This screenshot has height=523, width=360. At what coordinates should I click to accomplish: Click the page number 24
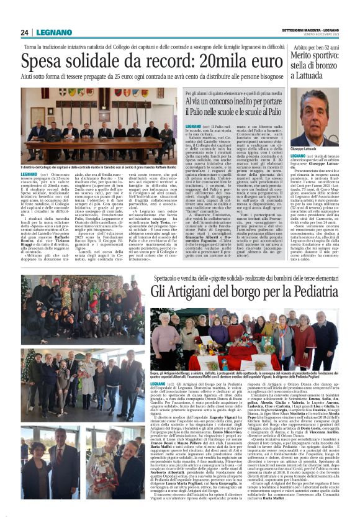coord(24,32)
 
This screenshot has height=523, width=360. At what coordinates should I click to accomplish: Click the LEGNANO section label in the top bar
coord(53,32)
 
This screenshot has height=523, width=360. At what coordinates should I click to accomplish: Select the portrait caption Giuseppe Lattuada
coord(305,148)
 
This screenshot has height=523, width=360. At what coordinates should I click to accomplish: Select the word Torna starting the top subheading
coord(32,47)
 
